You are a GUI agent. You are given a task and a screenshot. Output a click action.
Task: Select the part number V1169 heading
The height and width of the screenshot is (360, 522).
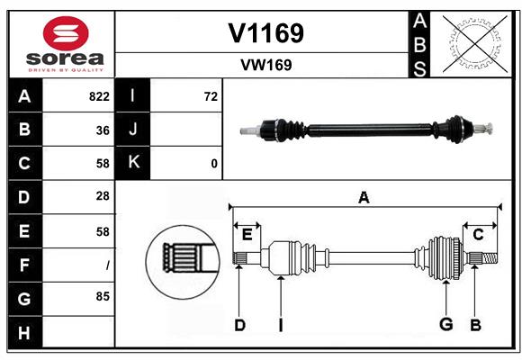click(265, 32)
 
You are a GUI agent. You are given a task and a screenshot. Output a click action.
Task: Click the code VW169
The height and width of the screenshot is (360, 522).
click(265, 65)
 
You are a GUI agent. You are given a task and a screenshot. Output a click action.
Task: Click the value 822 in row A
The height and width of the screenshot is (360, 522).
click(99, 96)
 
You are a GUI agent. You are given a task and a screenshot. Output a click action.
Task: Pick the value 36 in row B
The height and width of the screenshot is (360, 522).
click(103, 130)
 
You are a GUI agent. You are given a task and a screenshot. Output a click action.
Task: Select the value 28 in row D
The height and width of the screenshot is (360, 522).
click(103, 195)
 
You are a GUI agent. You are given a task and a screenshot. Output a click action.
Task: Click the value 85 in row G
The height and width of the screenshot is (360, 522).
click(103, 294)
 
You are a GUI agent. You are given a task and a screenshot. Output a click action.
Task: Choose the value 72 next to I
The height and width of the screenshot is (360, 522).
click(211, 96)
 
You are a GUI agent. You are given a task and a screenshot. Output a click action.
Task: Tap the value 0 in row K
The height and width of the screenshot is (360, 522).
click(213, 163)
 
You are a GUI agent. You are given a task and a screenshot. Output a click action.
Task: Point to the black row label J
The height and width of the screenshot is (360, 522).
click(133, 130)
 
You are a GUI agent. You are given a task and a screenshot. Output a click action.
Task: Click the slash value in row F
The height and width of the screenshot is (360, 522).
click(107, 265)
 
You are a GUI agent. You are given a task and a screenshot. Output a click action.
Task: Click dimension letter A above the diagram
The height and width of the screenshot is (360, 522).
click(364, 197)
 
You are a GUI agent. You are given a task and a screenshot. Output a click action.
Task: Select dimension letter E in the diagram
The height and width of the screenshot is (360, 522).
click(247, 234)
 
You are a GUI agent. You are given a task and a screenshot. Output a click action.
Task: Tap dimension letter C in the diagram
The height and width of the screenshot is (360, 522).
click(478, 234)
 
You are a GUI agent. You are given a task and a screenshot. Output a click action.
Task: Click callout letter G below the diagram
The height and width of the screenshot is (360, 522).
click(445, 324)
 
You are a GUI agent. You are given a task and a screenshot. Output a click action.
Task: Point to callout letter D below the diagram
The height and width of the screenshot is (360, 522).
click(239, 324)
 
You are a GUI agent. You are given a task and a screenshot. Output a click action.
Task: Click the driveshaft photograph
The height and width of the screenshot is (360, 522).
click(368, 130)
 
